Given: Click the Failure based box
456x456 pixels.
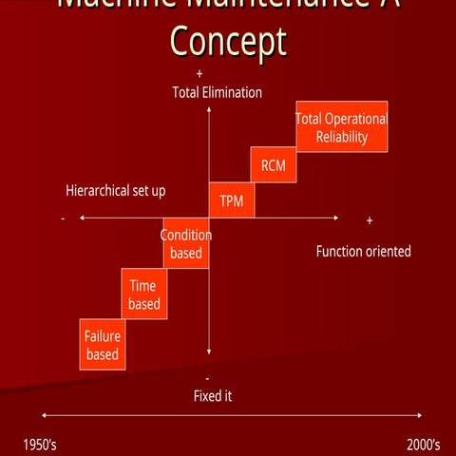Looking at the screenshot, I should tap(103, 345).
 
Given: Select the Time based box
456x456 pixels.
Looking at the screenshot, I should tap(144, 294).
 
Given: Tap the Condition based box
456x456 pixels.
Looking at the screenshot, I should tap(186, 244).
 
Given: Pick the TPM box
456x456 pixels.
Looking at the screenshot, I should tap(232, 200).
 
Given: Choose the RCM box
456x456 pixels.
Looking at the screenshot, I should tap(274, 166).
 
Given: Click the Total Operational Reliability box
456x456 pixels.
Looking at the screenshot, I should tap(342, 126).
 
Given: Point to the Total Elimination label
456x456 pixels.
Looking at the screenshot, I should tap(217, 92).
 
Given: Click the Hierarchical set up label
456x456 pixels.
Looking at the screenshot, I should tap(116, 191).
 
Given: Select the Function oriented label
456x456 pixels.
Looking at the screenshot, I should tap(363, 252).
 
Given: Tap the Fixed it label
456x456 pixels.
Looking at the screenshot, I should tap(213, 395).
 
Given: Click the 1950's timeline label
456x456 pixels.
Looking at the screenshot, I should tap(40, 445).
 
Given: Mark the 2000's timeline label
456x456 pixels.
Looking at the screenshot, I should tap(424, 445).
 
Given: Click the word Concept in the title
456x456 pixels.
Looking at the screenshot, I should tap(228, 42).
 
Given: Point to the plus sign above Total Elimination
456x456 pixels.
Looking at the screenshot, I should tap(199, 74).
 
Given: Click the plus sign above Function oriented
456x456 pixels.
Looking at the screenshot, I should tap(370, 220).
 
